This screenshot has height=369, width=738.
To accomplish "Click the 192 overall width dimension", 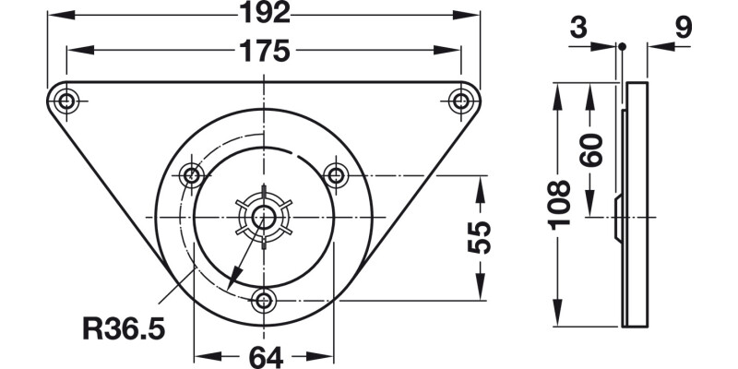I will pyautogui.click(x=264, y=13).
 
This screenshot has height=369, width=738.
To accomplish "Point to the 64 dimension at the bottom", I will pyautogui.click(x=264, y=357).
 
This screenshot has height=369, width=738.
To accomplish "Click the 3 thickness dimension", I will pyautogui.click(x=578, y=28).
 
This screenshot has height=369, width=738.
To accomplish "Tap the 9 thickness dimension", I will pyautogui.click(x=684, y=28).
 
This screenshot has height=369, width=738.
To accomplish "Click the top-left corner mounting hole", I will pyautogui.click(x=65, y=101).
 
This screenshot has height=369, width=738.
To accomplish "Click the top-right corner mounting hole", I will pyautogui.click(x=461, y=101).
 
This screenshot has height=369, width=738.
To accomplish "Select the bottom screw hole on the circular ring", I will pyautogui.click(x=265, y=300).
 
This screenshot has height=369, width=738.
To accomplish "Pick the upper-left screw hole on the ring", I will pyautogui.click(x=192, y=174).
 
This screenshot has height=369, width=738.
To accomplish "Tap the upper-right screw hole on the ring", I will pyautogui.click(x=337, y=174).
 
